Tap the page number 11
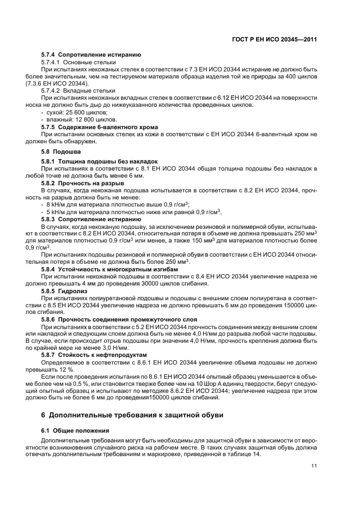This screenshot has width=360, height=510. coord(314,466)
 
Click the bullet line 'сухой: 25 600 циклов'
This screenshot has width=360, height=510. coord(69,112)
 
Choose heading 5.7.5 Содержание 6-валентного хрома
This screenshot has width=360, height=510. coord(102,126)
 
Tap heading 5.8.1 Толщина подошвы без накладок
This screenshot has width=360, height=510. coord(100,161)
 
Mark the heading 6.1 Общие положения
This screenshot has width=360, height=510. coord(75,430)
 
